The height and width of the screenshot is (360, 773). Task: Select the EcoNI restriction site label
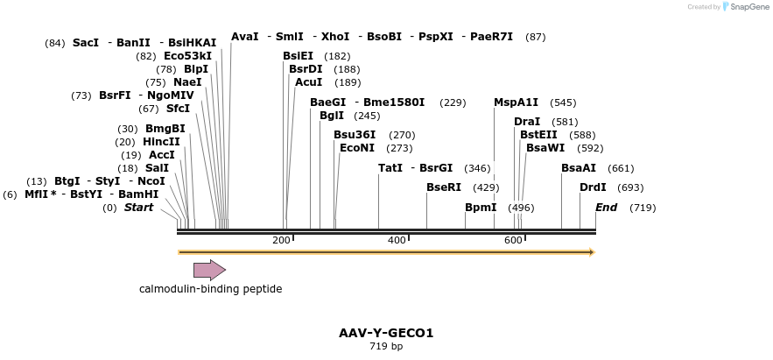356,148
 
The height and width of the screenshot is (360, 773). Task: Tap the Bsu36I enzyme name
355,135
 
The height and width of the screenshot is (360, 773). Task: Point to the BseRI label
443,187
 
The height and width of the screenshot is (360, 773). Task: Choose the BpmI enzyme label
481,208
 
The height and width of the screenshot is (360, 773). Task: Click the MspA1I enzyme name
516,102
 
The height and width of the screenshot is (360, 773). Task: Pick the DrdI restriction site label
593,187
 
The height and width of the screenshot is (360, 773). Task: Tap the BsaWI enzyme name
545,148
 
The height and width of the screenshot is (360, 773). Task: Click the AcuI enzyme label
308,82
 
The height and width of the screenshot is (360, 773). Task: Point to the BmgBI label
165,129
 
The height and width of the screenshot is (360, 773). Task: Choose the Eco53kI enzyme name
187,56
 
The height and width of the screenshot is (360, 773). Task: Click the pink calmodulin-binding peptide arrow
209,270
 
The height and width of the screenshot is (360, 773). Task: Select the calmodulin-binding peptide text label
210,289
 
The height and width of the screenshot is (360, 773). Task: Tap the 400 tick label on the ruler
397,240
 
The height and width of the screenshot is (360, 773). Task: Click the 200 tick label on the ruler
281,240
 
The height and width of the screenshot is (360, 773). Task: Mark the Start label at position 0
138,208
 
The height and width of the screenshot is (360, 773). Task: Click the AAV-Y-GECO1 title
386,333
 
